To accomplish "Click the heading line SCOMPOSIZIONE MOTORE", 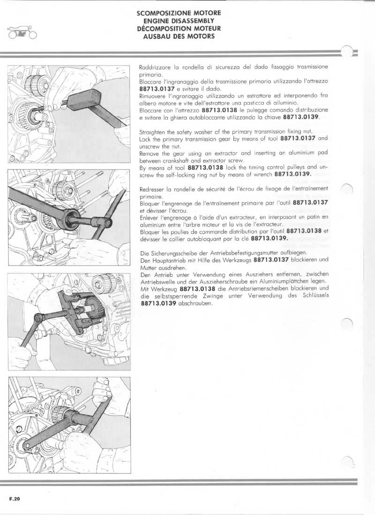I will [x=179, y=14].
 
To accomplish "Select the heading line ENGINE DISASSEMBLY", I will [x=179, y=22].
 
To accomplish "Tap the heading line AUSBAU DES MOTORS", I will [x=179, y=36].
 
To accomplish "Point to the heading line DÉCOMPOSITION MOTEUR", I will [x=179, y=29].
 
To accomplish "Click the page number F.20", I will [x=14, y=499].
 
